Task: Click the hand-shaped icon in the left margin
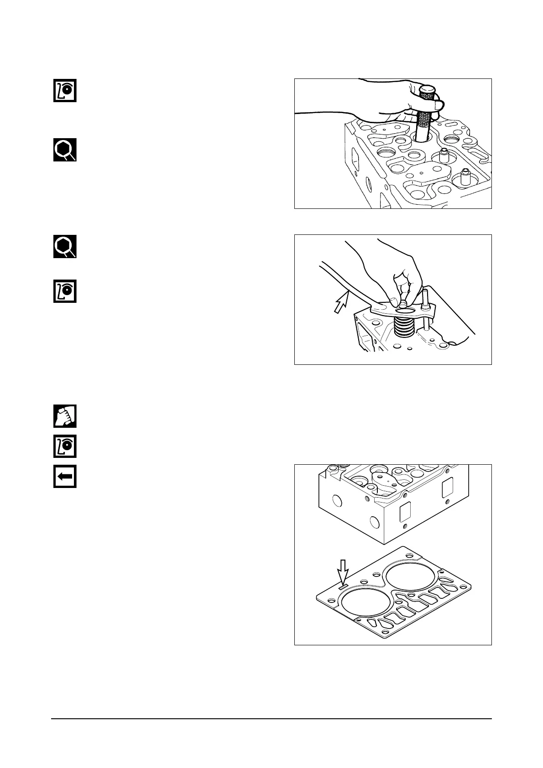click(65, 416)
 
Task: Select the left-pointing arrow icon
click(65, 477)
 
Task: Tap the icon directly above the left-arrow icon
click(65, 446)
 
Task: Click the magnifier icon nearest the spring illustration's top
click(65, 247)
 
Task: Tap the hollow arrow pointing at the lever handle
click(340, 302)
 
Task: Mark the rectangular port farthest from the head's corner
click(447, 490)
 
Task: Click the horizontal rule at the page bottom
click(271, 719)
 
